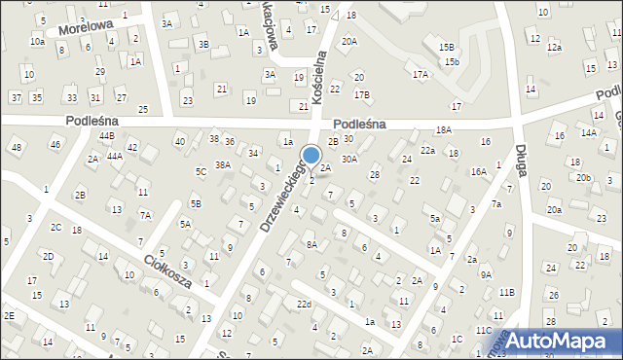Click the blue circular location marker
pos(311,155)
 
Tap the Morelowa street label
pos(86,26)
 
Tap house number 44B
pos(106,136)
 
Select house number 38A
pos(223,165)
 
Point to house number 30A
pos(349,159)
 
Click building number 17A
pos(420,74)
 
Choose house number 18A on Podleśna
pos(443,129)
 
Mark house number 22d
pos(305,306)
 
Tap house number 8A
pos(311,245)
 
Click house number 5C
pos(201,172)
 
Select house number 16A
pos(478,171)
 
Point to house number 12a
pos(554,48)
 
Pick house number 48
pos(15,147)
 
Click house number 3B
pos(202,44)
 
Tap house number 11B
pos(506,292)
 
